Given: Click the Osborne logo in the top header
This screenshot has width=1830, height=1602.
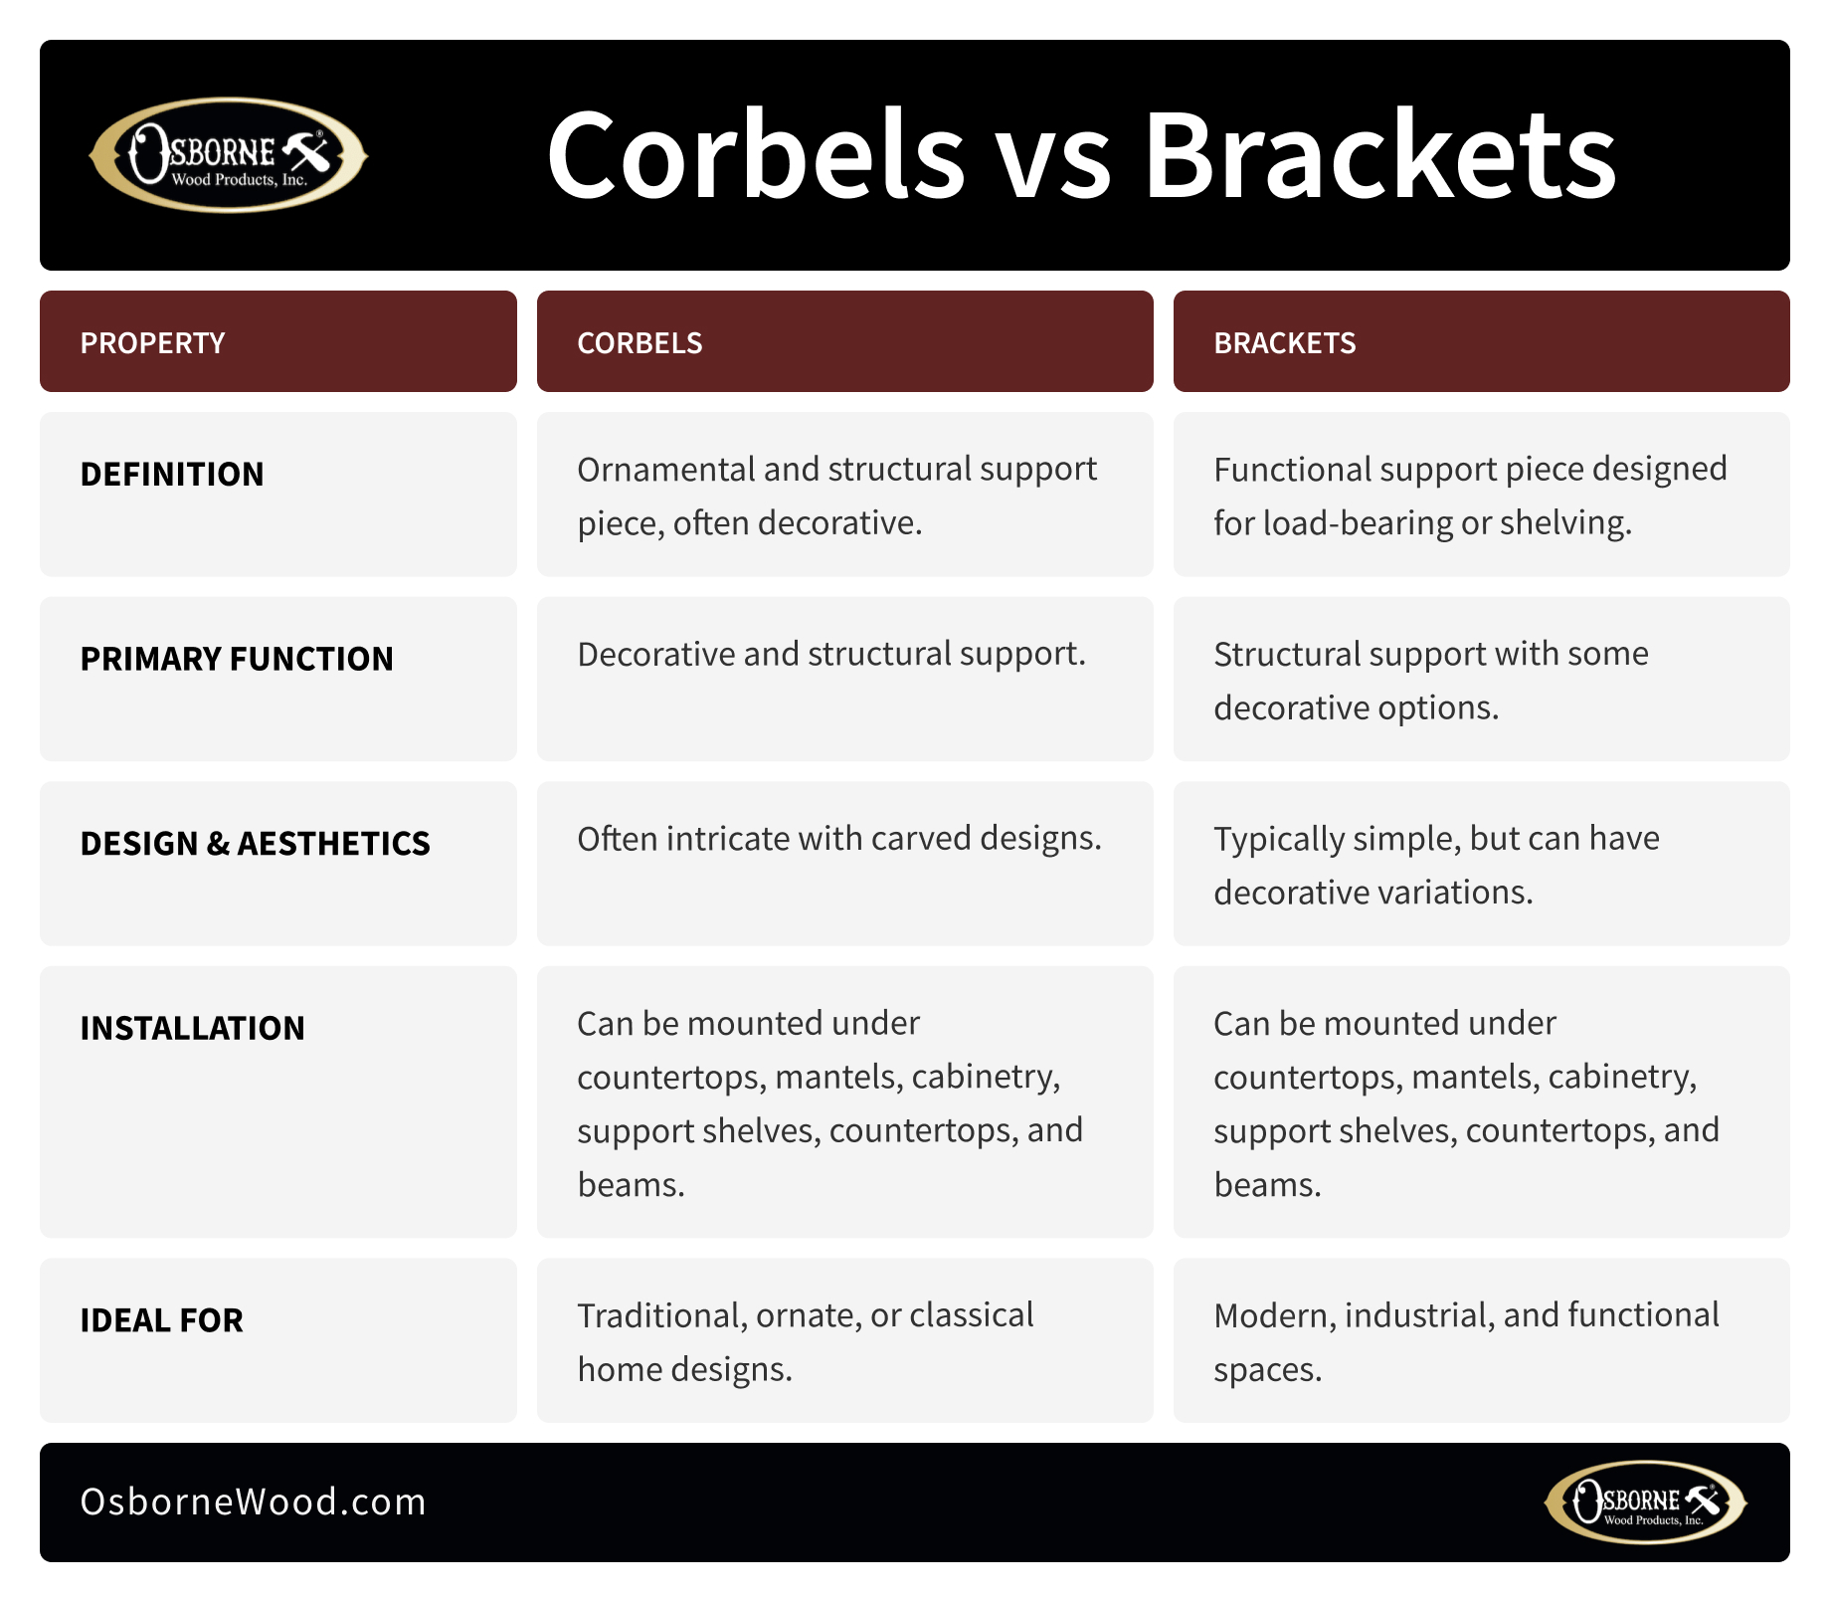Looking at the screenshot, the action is point(229,154).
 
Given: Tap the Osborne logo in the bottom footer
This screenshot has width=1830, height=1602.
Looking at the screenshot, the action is point(1646,1502).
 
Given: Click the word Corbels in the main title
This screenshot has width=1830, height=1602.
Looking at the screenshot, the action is point(756,155).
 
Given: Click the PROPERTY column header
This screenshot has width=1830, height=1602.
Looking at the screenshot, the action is point(152,343).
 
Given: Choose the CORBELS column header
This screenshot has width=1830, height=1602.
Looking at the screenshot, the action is point(640,343).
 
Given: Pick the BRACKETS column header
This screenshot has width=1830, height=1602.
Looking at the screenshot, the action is point(1284,343).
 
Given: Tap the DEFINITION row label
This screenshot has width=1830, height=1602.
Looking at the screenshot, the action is point(172,475).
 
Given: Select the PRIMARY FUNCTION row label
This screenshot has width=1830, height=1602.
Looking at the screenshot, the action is point(237,659).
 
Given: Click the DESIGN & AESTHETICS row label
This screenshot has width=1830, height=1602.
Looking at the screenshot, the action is point(255,844).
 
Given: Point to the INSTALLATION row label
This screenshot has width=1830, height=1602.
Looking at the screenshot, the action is point(192,1028).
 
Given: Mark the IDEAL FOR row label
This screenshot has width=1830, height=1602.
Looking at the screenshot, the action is point(161,1320).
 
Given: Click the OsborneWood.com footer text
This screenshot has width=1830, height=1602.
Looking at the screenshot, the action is point(253,1502).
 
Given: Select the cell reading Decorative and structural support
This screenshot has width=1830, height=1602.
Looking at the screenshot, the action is point(831,655).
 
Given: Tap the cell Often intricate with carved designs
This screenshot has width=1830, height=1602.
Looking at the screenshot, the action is point(839,840).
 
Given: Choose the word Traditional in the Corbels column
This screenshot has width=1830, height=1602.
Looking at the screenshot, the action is point(661,1316).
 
